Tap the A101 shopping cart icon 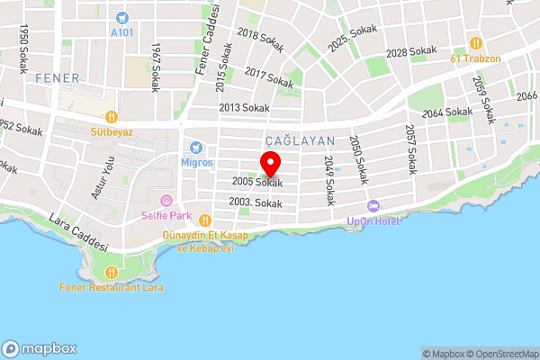(x=121, y=17)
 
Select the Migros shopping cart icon (x=195, y=148)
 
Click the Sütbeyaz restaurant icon (x=112, y=116)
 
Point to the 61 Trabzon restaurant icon (x=476, y=42)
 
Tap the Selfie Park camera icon (x=165, y=200)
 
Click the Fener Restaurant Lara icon (x=111, y=272)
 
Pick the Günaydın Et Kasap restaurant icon (x=205, y=220)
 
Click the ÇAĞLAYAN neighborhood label (x=301, y=141)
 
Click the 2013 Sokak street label (x=244, y=108)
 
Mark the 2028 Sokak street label (x=410, y=53)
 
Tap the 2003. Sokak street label (x=256, y=203)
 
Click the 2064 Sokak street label (x=447, y=112)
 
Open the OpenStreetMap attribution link (x=499, y=353)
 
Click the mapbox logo (x=39, y=348)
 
